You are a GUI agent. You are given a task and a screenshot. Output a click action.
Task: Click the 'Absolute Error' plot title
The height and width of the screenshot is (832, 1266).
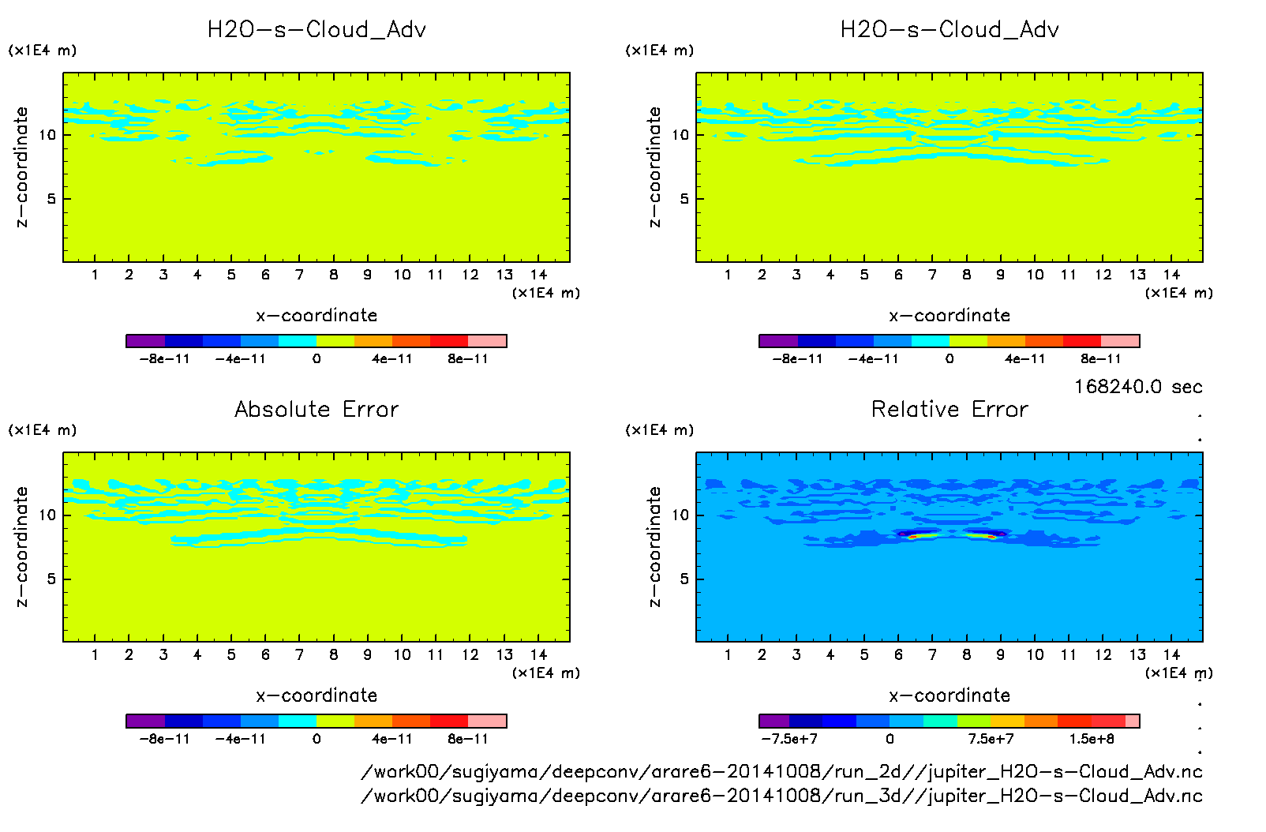tap(316, 409)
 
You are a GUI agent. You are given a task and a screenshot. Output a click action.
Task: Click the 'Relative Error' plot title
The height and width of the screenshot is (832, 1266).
tap(949, 409)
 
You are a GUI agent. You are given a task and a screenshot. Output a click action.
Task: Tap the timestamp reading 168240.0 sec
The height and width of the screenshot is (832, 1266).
tap(1137, 387)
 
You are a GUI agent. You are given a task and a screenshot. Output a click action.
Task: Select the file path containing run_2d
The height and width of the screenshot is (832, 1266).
tap(781, 771)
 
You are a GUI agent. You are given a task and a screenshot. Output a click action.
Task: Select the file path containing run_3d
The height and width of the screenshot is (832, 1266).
tap(781, 796)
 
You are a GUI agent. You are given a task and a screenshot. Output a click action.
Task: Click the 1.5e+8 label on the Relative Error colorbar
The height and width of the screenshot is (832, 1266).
tap(1092, 739)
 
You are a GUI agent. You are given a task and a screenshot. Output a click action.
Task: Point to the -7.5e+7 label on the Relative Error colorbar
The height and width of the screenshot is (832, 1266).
tap(789, 739)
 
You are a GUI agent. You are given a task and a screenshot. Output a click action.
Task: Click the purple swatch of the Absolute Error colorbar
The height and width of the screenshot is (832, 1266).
tap(145, 721)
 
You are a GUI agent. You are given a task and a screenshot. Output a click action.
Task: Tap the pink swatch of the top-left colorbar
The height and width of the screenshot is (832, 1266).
tap(487, 341)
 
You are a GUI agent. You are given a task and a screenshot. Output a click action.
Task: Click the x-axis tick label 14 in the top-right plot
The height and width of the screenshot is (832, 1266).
tap(1171, 275)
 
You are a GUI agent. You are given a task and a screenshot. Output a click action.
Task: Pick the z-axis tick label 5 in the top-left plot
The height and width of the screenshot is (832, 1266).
tap(51, 199)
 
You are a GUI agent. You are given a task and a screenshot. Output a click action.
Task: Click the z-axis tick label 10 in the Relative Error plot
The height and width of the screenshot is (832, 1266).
tap(680, 515)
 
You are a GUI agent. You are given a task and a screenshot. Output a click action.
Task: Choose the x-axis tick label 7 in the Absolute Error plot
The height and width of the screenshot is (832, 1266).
tap(299, 654)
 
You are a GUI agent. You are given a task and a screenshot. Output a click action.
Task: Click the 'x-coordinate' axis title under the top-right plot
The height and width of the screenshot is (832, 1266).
tap(949, 316)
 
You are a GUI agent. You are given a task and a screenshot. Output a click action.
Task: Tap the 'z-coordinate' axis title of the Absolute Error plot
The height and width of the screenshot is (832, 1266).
tap(21, 546)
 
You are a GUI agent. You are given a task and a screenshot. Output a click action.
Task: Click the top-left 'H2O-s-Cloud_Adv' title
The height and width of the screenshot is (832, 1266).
tap(316, 30)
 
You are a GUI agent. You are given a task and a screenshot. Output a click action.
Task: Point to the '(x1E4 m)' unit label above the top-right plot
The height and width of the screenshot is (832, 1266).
tap(660, 51)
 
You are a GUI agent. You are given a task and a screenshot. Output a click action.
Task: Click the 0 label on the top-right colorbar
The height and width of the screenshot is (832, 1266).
tap(949, 358)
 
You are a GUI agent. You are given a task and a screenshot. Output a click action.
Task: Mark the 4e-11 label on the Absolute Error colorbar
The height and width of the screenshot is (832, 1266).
tap(392, 739)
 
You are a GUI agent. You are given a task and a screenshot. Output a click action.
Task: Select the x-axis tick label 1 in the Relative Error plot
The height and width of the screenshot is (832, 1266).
tap(728, 654)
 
